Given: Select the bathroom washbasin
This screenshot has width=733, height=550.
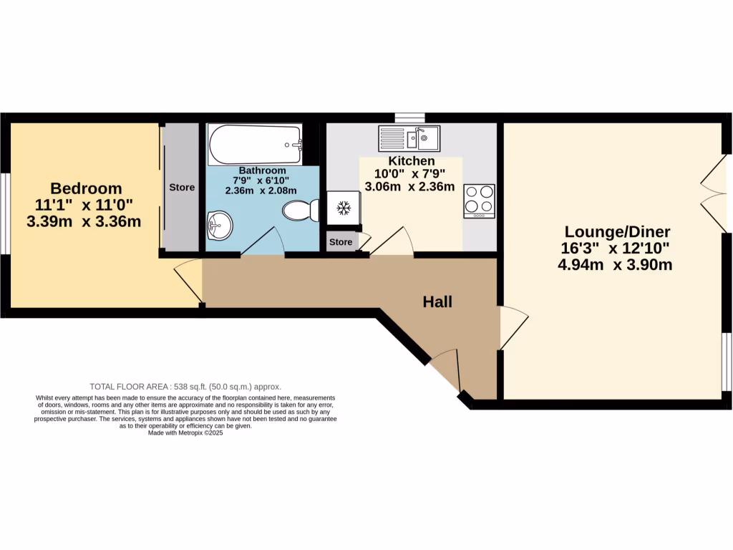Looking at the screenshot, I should pos(220,226).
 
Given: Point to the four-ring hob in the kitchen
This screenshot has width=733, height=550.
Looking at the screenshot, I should pos(479,201).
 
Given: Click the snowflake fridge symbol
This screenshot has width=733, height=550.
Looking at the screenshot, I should pos(343,208).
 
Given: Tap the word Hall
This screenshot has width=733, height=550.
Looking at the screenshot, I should pos(437,302).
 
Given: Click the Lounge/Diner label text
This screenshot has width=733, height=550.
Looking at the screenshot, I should pos(617,232).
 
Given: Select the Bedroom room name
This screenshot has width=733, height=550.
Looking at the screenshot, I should pos(86,189).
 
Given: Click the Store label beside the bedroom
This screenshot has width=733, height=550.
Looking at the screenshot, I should pos(181,188).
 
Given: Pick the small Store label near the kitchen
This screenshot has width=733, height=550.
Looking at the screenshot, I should pos(341,242).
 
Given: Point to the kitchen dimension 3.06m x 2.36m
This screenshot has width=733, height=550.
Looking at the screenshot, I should pos(409,188).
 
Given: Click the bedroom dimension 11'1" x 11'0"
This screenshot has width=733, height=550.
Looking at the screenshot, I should pos(83,206).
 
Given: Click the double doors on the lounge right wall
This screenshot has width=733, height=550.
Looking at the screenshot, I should pos(713,193).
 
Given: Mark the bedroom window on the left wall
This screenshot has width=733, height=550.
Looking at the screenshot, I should pos(5,213).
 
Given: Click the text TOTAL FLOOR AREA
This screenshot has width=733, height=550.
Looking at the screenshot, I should pos(129,385).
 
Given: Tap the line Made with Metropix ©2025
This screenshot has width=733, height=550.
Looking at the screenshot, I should pos(185,433).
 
